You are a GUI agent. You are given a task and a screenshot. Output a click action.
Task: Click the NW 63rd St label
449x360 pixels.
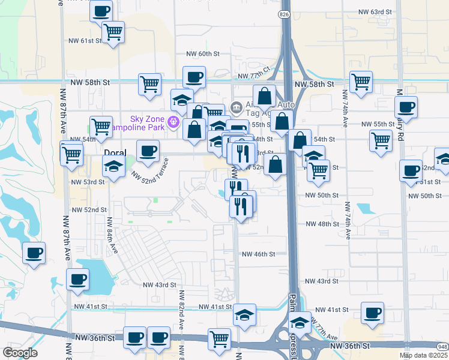(x=375, y=12)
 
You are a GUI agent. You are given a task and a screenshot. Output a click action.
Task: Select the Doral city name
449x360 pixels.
(x=115, y=153)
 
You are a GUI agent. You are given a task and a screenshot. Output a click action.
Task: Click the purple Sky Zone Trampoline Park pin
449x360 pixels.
(x=174, y=122)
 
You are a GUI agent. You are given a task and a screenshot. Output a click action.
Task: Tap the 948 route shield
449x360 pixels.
(x=443, y=347)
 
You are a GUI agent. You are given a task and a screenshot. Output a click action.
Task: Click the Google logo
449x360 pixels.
(x=20, y=353)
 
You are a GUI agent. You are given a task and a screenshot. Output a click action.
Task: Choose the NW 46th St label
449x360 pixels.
(x=258, y=254)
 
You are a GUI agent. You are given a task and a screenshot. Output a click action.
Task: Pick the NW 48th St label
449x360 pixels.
(x=322, y=224)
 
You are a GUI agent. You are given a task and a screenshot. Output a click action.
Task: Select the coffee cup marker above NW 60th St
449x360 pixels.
(x=194, y=77)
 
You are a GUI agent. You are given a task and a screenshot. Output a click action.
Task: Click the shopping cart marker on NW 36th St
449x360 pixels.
(x=219, y=339)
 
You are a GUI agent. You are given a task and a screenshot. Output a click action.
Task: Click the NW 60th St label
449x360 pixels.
(x=199, y=54)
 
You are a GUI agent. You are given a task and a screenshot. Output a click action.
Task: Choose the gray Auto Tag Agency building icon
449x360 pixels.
(x=236, y=108)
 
